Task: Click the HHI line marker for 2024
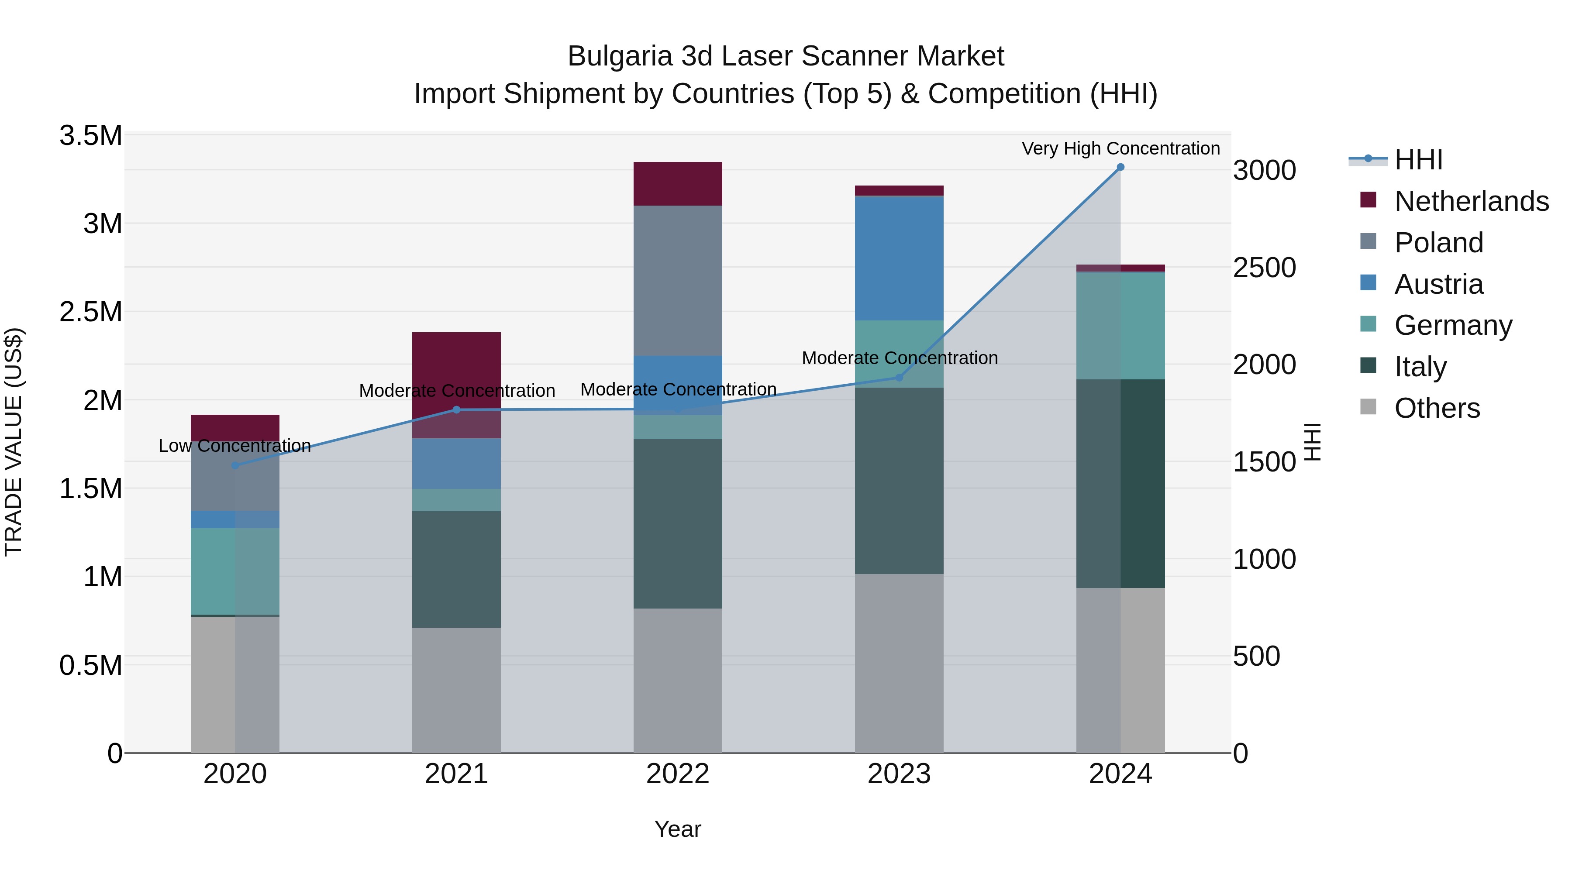pyautogui.click(x=1120, y=167)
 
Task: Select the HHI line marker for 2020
pyautogui.click(x=235, y=465)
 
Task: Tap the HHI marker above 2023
pyautogui.click(x=899, y=378)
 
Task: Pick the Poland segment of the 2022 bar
pyautogui.click(x=677, y=281)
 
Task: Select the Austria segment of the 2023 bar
pyautogui.click(x=899, y=258)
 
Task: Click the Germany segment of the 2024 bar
pyautogui.click(x=1120, y=325)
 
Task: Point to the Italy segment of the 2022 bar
pyautogui.click(x=677, y=523)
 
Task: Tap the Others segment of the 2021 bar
pyautogui.click(x=456, y=689)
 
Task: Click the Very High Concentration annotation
pyautogui.click(x=1120, y=148)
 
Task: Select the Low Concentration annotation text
pyautogui.click(x=235, y=446)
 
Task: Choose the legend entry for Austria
pyautogui.click(x=1438, y=284)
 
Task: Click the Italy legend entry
pyautogui.click(x=1420, y=367)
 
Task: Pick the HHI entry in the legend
pyautogui.click(x=1418, y=160)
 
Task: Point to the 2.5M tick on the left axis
pyautogui.click(x=90, y=312)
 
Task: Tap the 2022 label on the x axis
pyautogui.click(x=677, y=774)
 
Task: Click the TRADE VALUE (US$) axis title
pyautogui.click(x=14, y=442)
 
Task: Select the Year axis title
pyautogui.click(x=677, y=829)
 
